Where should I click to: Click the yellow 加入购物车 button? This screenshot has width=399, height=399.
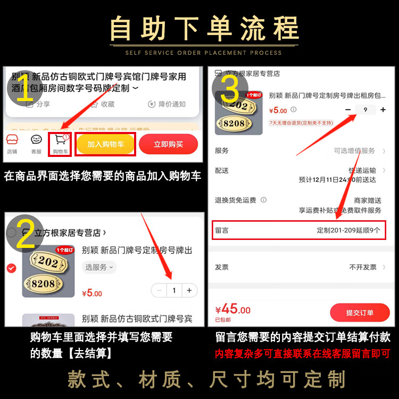tap(105, 144)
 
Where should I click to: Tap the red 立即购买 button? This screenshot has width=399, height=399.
tap(168, 144)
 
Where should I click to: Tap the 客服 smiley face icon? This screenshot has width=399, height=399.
tap(36, 140)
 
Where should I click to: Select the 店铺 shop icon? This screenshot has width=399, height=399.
tap(12, 140)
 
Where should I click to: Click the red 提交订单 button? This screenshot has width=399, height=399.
tap(360, 312)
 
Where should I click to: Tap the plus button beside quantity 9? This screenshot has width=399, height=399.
tap(383, 110)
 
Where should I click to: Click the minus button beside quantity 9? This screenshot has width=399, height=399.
tap(348, 110)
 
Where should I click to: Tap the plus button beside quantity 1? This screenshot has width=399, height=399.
tap(189, 290)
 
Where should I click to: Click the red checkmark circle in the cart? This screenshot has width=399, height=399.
tap(11, 268)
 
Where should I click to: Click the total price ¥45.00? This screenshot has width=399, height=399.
tap(233, 310)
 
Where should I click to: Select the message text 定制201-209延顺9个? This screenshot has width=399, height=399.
tap(348, 230)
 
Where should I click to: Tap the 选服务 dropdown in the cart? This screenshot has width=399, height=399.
tap(99, 267)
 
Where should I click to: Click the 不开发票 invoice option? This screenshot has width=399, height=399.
tap(363, 267)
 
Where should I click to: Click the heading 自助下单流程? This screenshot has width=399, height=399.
tap(205, 29)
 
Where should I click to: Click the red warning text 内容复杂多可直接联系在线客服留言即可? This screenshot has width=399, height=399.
tap(302, 353)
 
